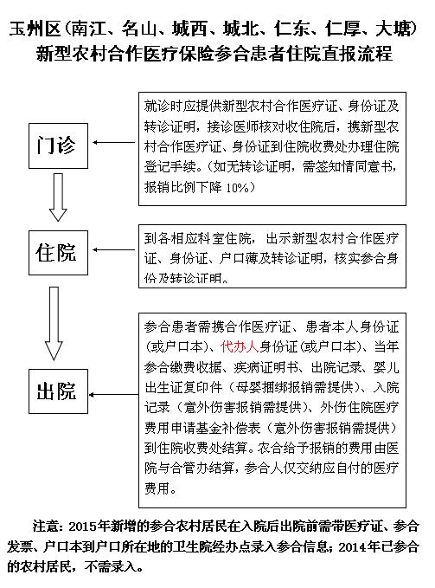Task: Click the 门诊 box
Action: (x=59, y=145)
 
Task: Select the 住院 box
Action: (x=59, y=253)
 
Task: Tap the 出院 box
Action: (x=59, y=391)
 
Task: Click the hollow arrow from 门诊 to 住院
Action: (x=58, y=197)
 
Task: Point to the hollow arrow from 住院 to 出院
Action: (x=54, y=323)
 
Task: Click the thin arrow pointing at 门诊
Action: (x=114, y=143)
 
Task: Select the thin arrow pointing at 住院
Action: (x=114, y=249)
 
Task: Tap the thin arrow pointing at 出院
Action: (x=114, y=395)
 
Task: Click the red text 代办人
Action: (x=240, y=346)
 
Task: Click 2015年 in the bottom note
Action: (x=89, y=527)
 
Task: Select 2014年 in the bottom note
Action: (x=359, y=546)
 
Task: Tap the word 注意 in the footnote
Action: (x=45, y=527)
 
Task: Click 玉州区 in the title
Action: (x=35, y=29)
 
